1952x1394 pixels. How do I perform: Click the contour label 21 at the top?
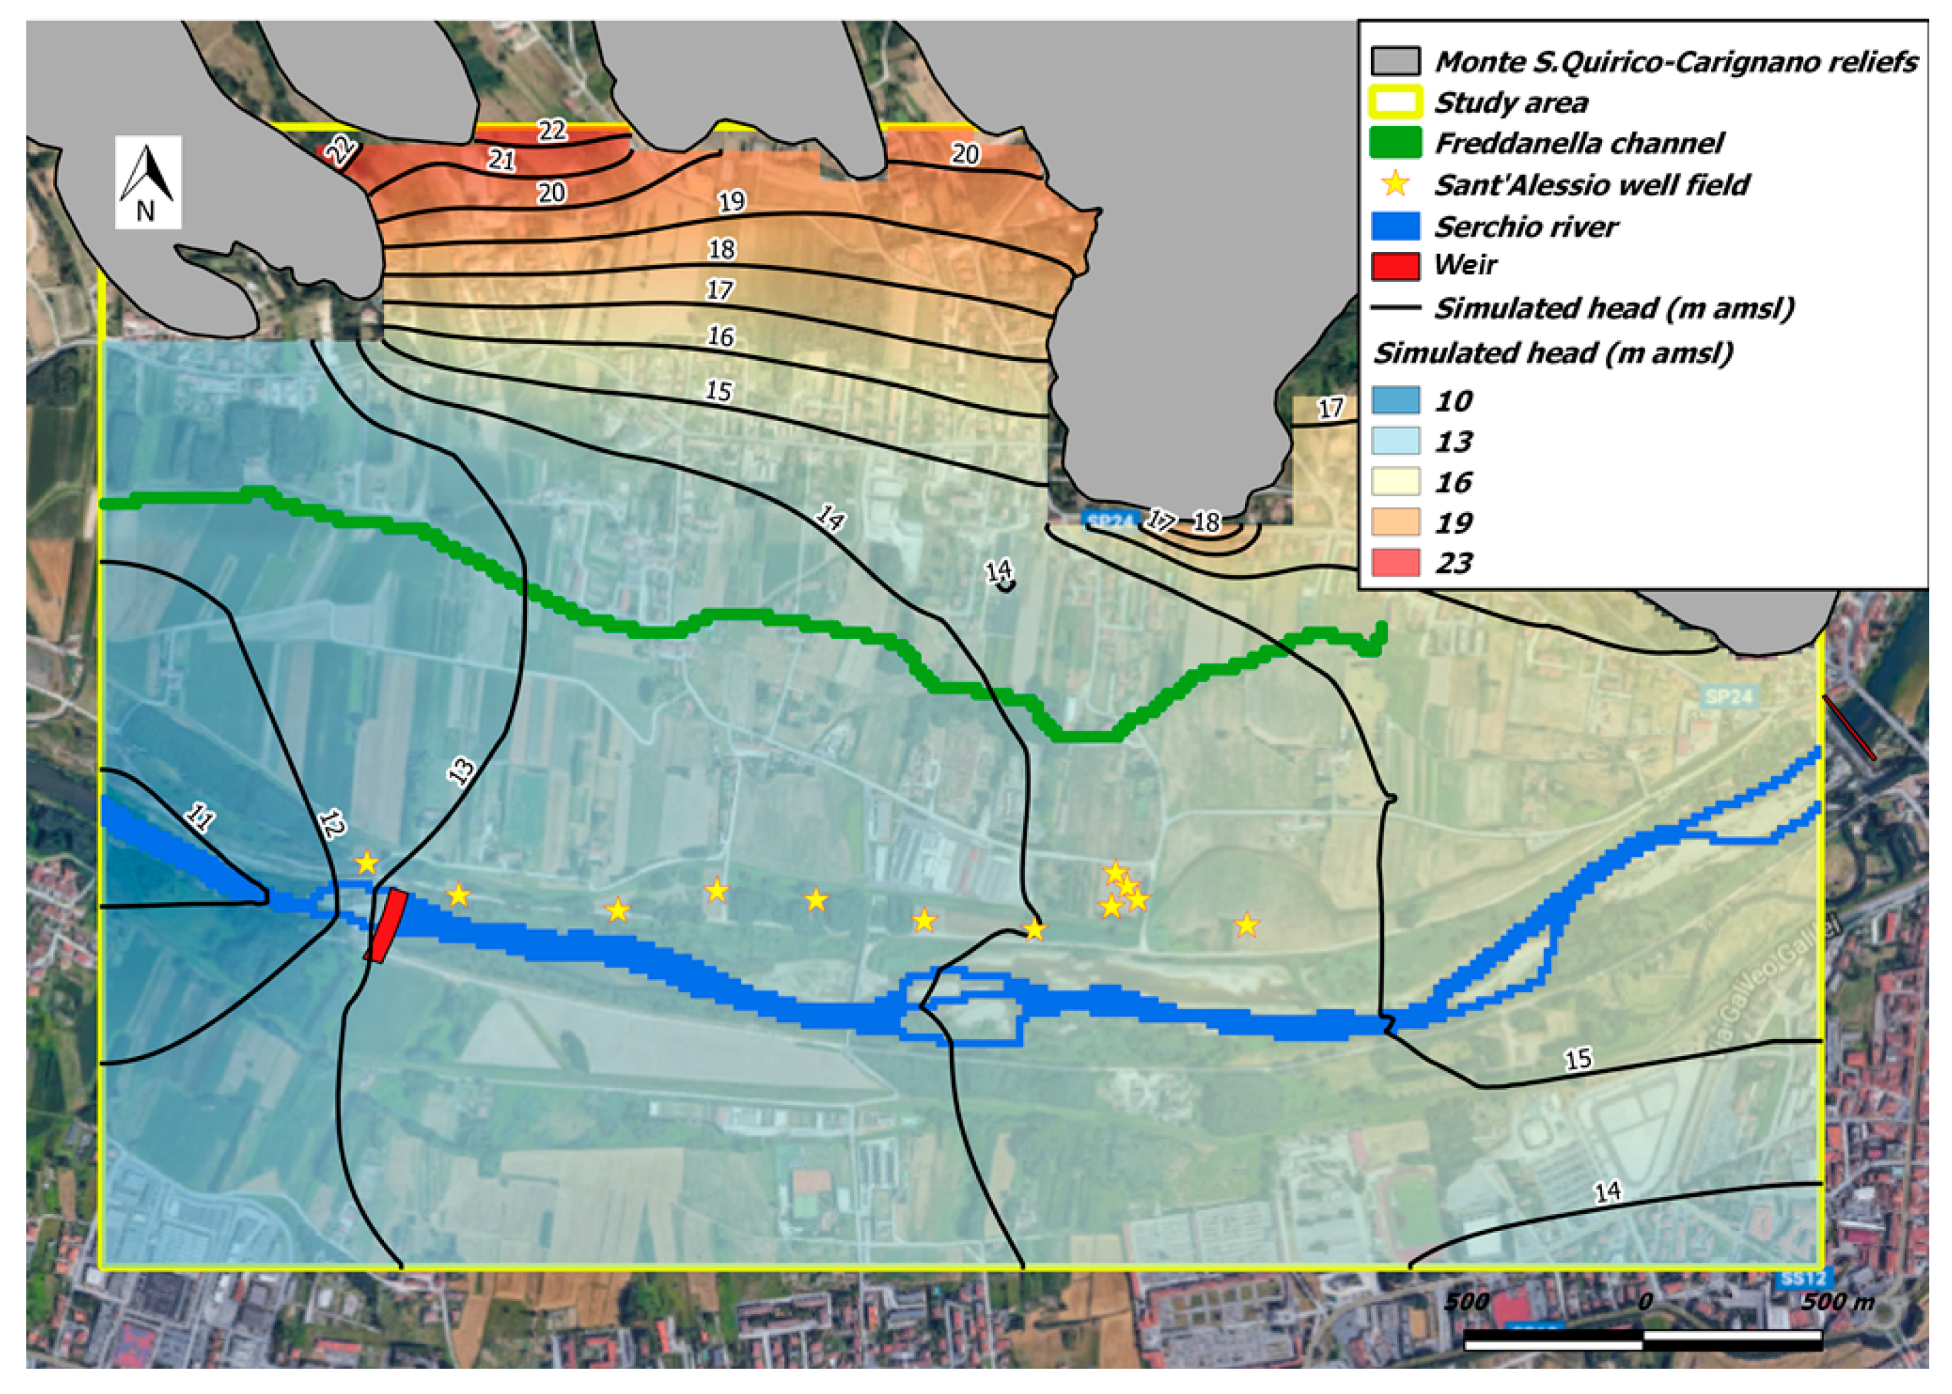point(501,159)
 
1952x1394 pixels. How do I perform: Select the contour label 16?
point(720,336)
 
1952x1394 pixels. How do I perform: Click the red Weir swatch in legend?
point(1394,265)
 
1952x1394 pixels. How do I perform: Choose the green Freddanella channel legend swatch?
point(1394,142)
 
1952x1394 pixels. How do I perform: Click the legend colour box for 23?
point(1394,562)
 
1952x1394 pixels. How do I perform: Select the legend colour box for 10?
point(1394,400)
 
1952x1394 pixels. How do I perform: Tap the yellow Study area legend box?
point(1394,102)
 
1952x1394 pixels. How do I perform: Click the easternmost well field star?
point(1246,924)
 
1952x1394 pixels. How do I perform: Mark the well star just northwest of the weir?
point(366,862)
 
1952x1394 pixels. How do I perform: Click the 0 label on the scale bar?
point(1643,1302)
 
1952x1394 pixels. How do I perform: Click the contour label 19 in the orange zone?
point(731,202)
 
